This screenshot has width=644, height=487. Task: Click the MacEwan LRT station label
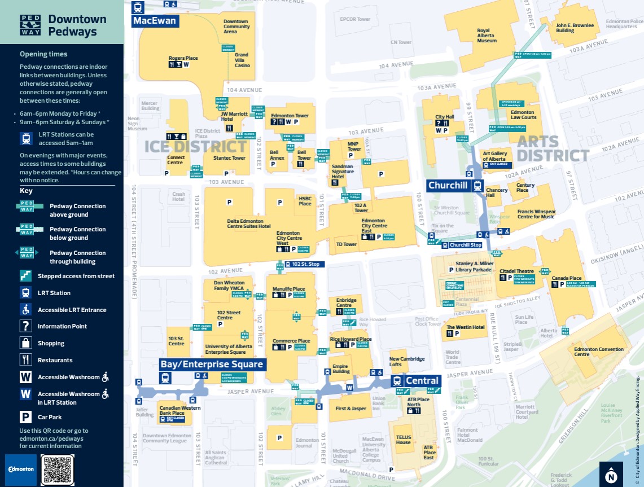coord(155,21)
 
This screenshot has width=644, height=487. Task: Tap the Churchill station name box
coord(449,186)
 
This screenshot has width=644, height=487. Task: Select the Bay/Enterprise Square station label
coord(212,364)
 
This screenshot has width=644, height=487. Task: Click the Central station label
coord(422,380)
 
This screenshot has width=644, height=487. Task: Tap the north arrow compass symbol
coord(611,474)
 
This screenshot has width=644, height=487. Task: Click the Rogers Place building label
coord(183,58)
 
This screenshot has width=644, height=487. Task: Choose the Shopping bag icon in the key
coord(25,343)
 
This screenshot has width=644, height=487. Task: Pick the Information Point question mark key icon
coord(25,326)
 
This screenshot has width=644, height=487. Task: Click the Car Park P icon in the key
coord(25,417)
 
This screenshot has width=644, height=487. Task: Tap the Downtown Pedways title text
coord(77,25)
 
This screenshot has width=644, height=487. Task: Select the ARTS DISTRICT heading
coord(553,148)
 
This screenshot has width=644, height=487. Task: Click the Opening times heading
coord(43,54)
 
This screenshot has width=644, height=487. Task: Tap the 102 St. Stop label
coord(305,264)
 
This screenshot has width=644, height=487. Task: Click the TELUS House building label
coord(403,439)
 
